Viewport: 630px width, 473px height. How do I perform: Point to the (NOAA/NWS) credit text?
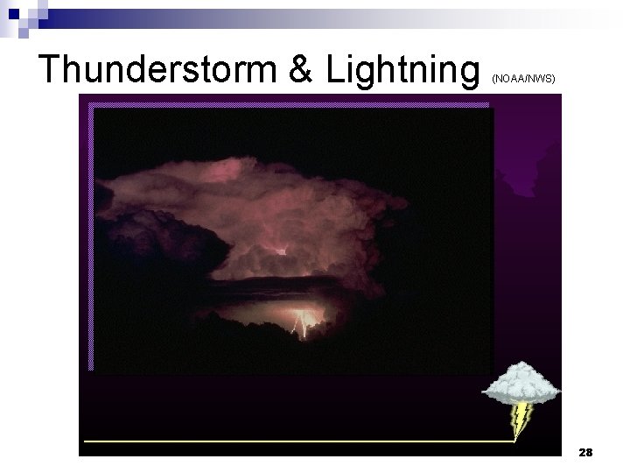[x=523, y=78]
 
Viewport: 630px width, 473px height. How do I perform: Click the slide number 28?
[x=585, y=452]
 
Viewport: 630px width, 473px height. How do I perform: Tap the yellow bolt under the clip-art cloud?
[x=521, y=418]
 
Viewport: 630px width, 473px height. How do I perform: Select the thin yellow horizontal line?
[x=289, y=441]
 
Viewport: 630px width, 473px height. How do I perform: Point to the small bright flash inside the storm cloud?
[x=280, y=251]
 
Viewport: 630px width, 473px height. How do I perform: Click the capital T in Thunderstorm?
[x=52, y=68]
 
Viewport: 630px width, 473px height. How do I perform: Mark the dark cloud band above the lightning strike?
[x=289, y=285]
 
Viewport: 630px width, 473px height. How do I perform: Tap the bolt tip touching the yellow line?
[x=514, y=438]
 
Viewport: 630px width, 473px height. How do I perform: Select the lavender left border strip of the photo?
[x=90, y=236]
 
